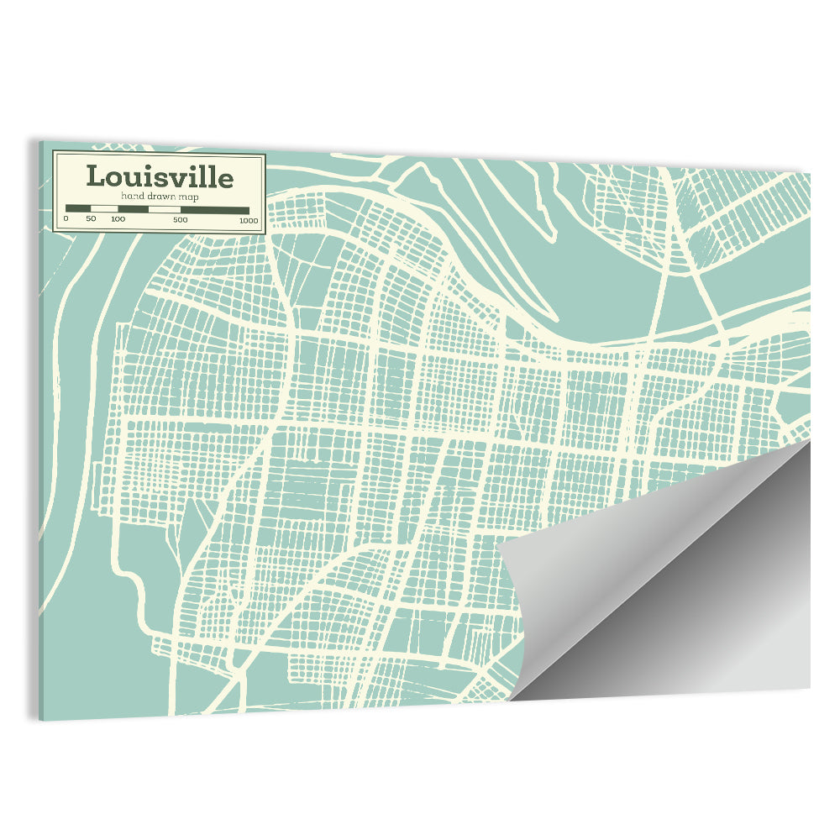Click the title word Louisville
160,177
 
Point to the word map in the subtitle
187,197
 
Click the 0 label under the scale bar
66,219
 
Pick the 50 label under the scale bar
91,219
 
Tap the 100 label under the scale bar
118,219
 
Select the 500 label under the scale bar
181,219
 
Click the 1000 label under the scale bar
248,219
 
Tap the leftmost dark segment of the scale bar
78,209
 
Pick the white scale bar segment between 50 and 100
104,209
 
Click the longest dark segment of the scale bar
215,209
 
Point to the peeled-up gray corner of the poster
664,588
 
